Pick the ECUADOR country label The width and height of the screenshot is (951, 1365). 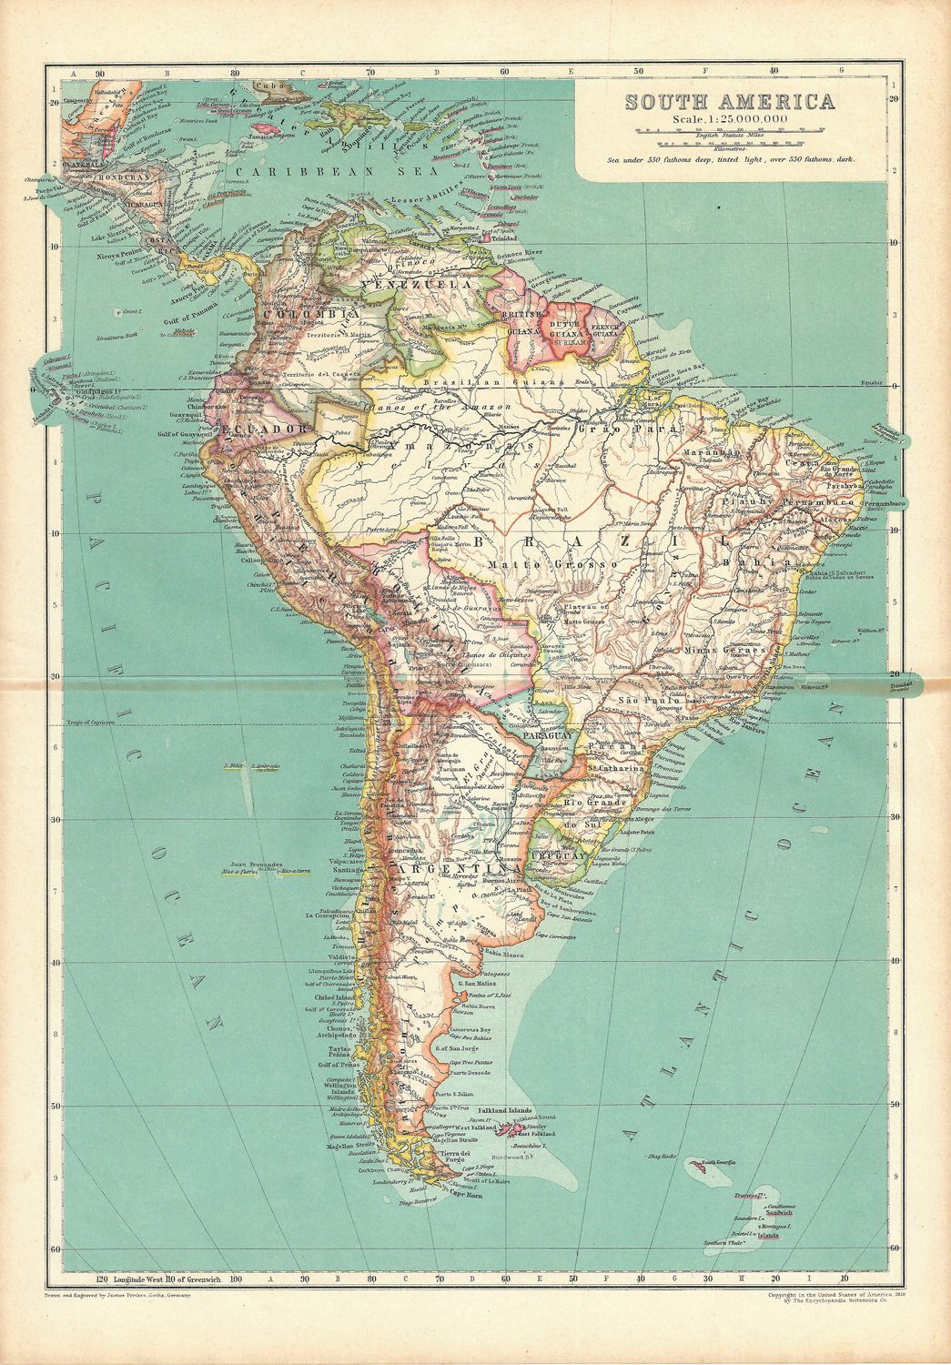(x=258, y=428)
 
